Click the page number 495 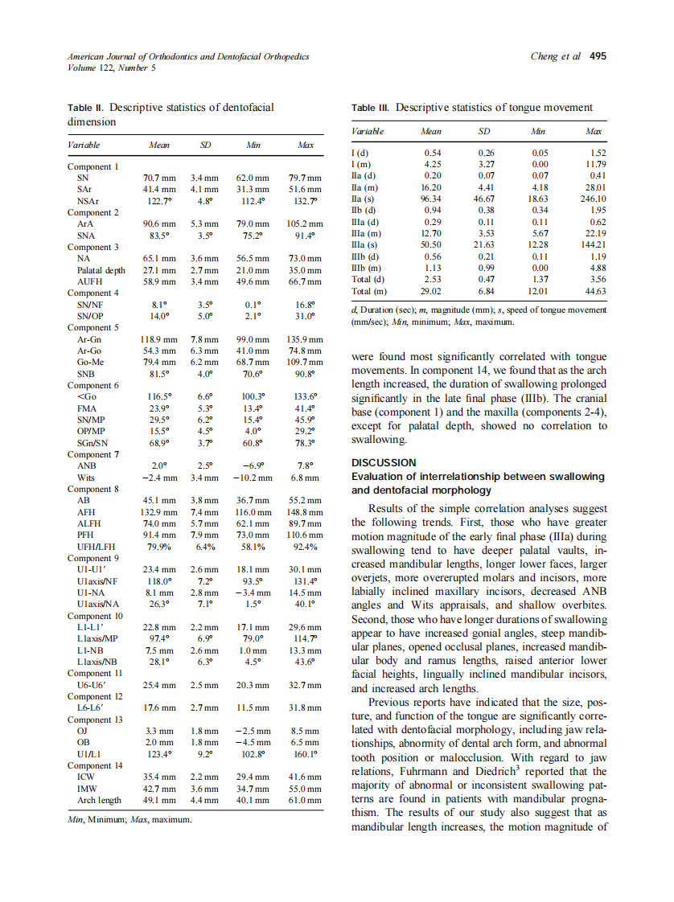click(x=598, y=57)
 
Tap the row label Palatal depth click(x=101, y=270)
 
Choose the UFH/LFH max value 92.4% click(x=305, y=546)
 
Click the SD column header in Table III click(x=485, y=131)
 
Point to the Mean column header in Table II click(x=159, y=146)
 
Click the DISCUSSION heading click(x=384, y=462)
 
